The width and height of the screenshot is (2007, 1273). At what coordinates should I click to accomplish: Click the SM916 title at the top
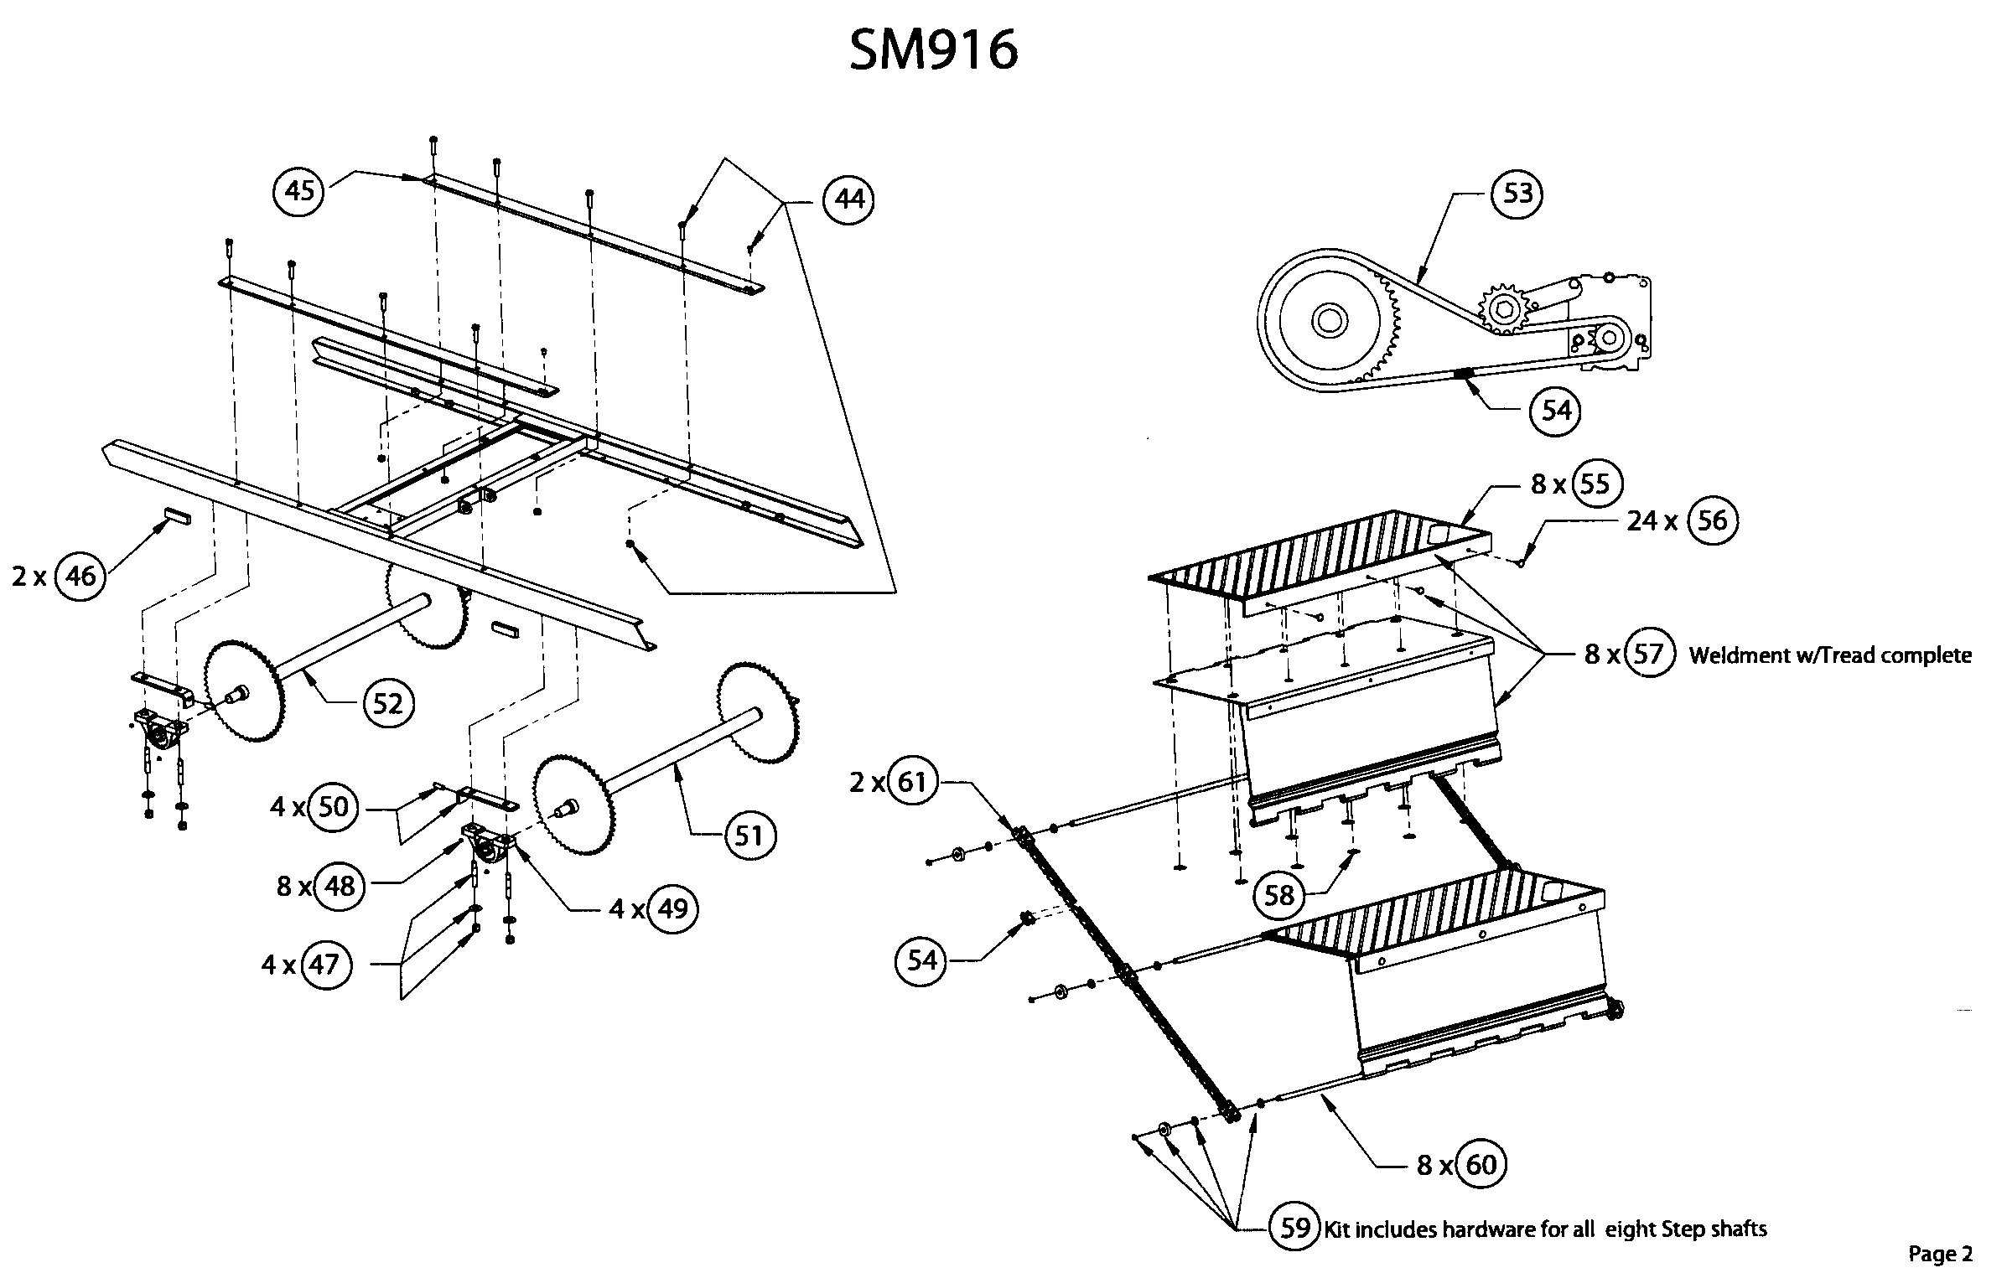click(x=933, y=49)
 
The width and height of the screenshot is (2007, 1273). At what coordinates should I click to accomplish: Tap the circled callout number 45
click(x=299, y=191)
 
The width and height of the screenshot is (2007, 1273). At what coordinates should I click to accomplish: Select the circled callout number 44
click(x=848, y=199)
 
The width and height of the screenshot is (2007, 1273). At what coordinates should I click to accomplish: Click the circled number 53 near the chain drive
click(x=1517, y=194)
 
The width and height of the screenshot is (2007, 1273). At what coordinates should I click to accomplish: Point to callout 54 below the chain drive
click(x=1555, y=411)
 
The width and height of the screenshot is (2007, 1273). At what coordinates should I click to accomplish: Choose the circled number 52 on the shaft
click(x=388, y=704)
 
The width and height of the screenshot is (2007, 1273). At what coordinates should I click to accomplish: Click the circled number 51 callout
click(x=749, y=835)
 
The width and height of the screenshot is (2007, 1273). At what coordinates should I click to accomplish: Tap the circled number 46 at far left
click(x=80, y=577)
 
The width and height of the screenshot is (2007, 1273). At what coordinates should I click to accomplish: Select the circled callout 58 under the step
click(x=1279, y=896)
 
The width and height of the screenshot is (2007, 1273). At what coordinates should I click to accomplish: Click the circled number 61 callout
click(x=912, y=782)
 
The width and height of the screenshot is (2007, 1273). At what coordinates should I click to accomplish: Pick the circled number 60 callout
click(x=1481, y=1165)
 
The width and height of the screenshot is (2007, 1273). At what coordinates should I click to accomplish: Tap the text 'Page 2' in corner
click(x=1940, y=1254)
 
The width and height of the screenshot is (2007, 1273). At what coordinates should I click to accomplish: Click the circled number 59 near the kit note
click(x=1295, y=1228)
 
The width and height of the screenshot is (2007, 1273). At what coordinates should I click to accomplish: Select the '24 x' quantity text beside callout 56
click(x=1652, y=521)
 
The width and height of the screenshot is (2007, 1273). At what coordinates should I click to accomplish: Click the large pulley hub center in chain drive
click(x=1330, y=320)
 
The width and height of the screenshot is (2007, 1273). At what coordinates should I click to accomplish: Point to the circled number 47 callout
click(x=324, y=965)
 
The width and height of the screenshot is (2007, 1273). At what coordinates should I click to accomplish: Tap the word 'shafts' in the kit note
click(x=1737, y=1229)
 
